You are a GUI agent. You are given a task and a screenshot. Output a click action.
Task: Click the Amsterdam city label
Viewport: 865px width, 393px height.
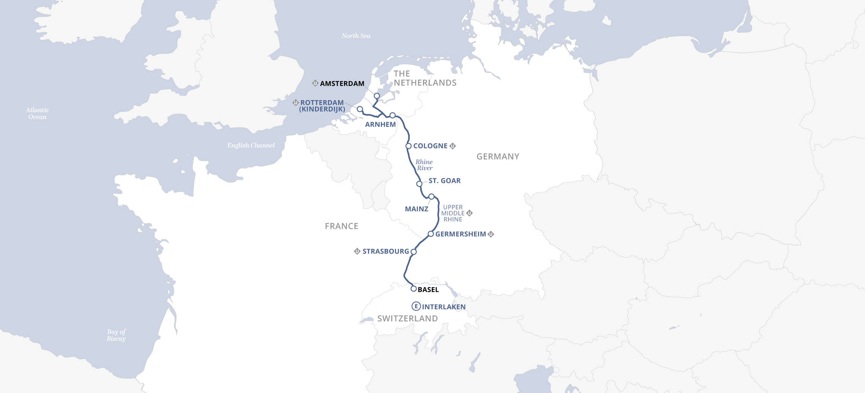[x=342, y=83]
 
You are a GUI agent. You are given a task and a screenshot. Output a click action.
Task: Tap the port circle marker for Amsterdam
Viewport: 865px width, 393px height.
[x=377, y=96]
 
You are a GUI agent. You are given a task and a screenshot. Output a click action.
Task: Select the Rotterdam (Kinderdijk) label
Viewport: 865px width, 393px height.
[x=322, y=106]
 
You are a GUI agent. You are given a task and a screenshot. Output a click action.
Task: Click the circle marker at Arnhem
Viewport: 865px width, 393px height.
[x=393, y=115]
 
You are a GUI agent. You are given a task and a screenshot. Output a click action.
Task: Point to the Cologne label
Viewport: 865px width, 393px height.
[x=430, y=146]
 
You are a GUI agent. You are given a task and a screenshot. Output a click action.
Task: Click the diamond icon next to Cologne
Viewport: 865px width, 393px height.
[x=453, y=146]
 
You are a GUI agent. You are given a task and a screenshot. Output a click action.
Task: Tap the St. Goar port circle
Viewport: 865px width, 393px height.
[x=419, y=184]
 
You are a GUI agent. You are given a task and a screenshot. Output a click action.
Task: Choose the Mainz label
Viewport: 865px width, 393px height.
[x=416, y=209]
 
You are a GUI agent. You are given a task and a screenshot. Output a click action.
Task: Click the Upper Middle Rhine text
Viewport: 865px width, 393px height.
[x=453, y=213]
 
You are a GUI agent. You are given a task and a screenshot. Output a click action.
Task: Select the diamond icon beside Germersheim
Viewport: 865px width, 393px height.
[x=491, y=234]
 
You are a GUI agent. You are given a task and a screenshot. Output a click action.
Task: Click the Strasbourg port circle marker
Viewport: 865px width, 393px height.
[x=414, y=252]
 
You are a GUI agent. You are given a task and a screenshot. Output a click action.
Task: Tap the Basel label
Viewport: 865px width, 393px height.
[x=428, y=290]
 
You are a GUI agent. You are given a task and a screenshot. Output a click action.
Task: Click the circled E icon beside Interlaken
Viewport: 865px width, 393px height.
[x=416, y=307]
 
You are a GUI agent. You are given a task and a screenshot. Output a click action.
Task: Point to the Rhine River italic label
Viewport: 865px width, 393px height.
[x=424, y=165]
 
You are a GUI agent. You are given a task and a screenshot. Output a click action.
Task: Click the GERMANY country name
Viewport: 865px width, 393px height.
[x=498, y=157]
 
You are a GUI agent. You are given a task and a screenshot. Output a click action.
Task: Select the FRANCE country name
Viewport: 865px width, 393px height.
[x=341, y=226]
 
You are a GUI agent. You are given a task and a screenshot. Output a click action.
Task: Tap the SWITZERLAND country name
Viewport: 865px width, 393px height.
[x=407, y=319]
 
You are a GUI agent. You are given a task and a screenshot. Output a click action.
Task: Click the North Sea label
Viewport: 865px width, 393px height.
[x=356, y=36]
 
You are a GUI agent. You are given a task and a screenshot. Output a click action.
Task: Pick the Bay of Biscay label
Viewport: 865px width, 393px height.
[x=116, y=335]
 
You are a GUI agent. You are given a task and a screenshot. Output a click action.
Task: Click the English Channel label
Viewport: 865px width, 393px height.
[x=251, y=145]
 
